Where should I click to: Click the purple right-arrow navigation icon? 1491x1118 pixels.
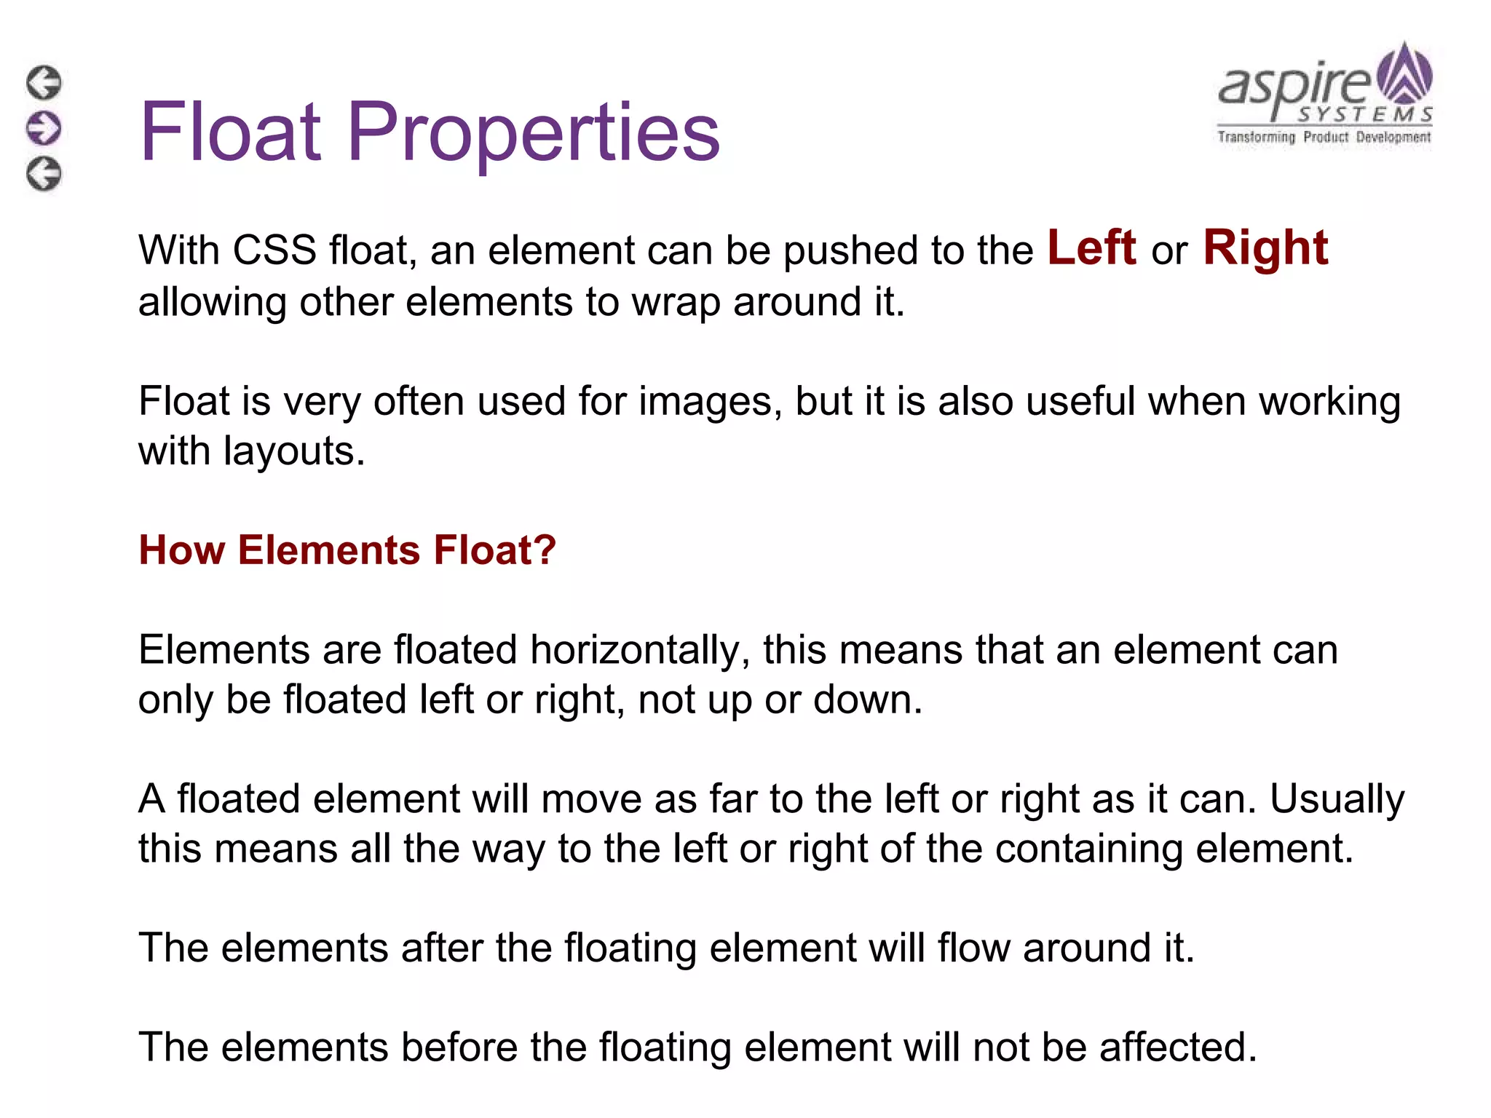point(44,128)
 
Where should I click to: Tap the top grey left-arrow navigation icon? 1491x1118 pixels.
point(44,82)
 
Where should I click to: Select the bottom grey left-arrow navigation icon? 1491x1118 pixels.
point(44,174)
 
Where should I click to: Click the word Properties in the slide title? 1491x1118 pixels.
point(534,132)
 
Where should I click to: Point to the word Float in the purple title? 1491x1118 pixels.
point(230,132)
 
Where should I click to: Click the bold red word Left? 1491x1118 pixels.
point(1091,248)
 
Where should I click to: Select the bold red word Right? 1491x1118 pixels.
point(1265,248)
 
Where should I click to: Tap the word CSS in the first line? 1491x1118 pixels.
point(274,250)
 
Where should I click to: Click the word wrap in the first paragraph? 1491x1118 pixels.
point(675,301)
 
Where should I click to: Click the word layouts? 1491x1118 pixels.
point(294,451)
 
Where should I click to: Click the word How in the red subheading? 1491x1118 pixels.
point(181,550)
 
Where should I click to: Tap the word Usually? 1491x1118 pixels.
point(1337,799)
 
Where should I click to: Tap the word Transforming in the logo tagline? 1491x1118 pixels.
point(1257,137)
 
